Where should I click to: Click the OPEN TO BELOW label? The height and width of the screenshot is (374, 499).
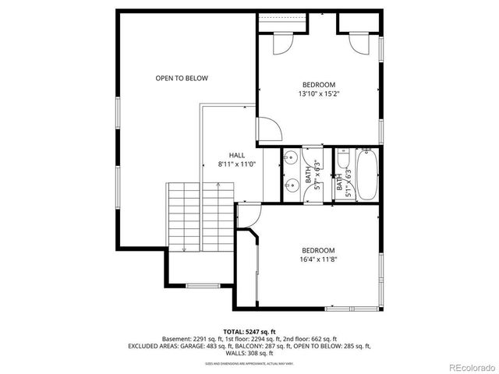pyautogui.click(x=182, y=78)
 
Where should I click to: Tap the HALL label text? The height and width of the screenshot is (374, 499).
pyautogui.click(x=237, y=155)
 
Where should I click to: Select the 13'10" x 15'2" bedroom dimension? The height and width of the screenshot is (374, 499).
pyautogui.click(x=319, y=94)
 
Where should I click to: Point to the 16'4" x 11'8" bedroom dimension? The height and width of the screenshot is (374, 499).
pyautogui.click(x=318, y=259)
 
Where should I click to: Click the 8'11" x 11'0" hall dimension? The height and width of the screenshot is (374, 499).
pyautogui.click(x=237, y=164)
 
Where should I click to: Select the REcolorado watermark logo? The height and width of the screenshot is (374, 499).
pyautogui.click(x=466, y=367)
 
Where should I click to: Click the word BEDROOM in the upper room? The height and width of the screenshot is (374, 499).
pyautogui.click(x=319, y=84)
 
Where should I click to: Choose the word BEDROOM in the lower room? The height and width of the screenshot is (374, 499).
pyautogui.click(x=318, y=250)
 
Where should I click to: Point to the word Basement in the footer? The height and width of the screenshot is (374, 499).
pyautogui.click(x=177, y=339)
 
